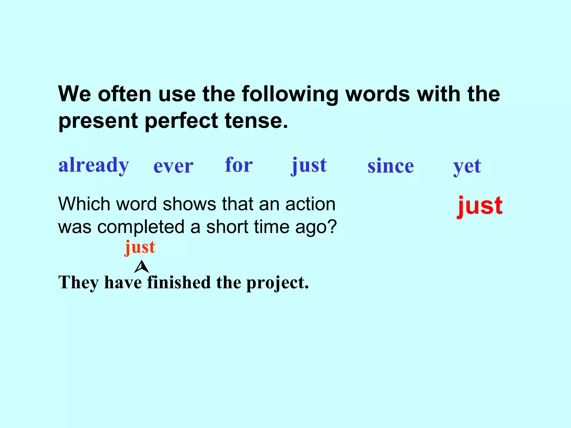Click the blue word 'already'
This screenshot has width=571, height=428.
(94, 166)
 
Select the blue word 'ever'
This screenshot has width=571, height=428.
(173, 166)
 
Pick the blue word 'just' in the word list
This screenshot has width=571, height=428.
(309, 166)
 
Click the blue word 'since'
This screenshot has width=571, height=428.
(391, 166)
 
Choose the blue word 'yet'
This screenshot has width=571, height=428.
(467, 167)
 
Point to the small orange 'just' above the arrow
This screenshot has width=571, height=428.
(140, 247)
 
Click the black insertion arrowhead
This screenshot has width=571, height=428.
(142, 267)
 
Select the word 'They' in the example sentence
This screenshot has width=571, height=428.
(78, 283)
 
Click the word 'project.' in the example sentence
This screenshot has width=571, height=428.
(277, 283)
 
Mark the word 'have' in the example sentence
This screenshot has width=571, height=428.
(123, 283)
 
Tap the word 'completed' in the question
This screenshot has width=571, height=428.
(141, 227)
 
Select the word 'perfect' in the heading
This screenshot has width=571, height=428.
(181, 121)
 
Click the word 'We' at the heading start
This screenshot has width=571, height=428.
(74, 94)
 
